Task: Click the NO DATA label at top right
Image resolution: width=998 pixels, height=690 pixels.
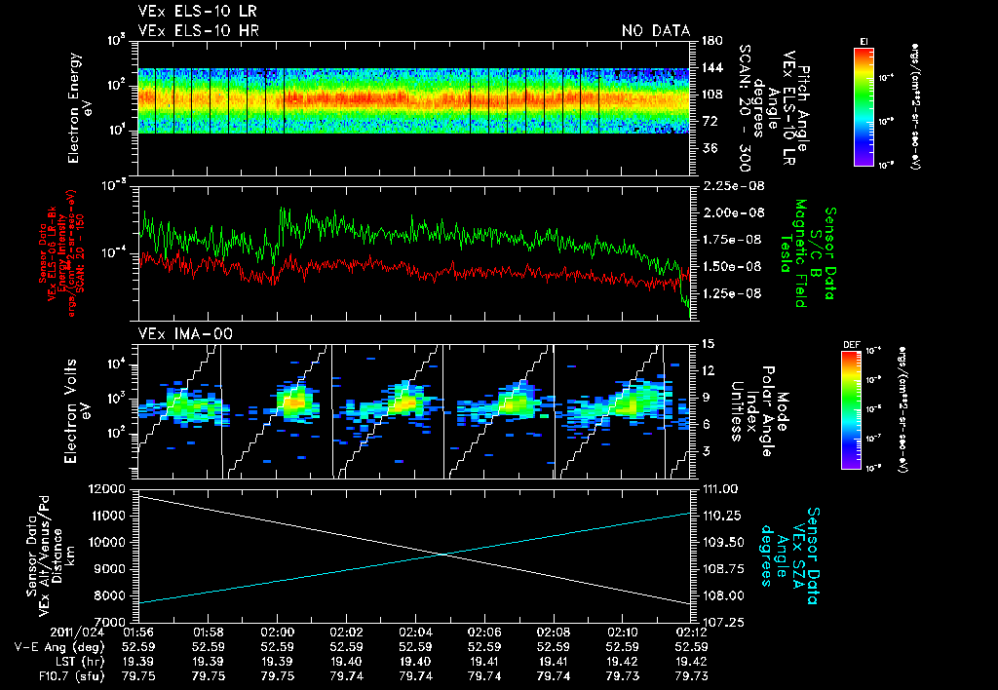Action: [x=655, y=30]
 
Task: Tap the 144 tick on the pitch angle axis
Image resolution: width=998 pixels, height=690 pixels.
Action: [x=710, y=68]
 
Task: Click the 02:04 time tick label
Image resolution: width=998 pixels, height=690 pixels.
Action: [x=416, y=632]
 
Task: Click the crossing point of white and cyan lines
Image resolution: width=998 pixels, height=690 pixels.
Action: [x=444, y=555]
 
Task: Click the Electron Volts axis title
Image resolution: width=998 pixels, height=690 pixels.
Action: [x=80, y=402]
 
